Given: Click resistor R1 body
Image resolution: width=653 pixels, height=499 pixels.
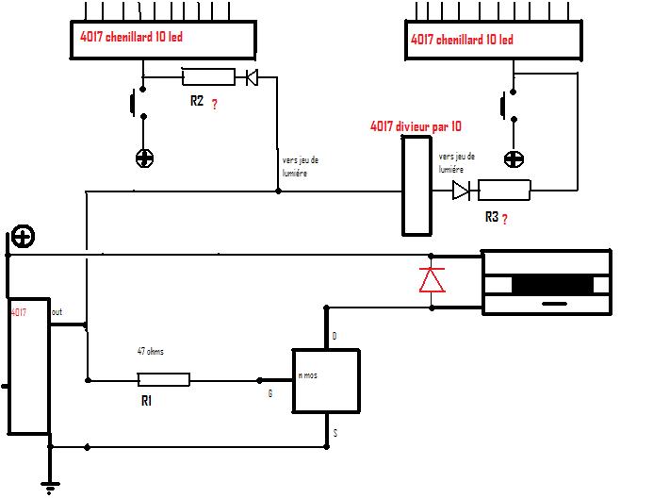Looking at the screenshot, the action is point(163,380).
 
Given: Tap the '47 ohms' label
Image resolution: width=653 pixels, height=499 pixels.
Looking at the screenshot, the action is point(152,351).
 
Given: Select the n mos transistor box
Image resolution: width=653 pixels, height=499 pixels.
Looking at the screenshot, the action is point(326,380).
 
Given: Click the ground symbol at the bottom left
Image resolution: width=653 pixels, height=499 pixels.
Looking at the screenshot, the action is point(50,486).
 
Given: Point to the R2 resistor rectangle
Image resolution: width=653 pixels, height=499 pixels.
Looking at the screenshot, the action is point(207,77).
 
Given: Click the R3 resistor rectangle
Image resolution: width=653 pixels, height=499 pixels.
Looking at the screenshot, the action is point(504,191).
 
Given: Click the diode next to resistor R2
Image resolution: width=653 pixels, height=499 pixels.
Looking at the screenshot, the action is point(252,77).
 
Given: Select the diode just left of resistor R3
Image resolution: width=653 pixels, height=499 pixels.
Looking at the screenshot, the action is point(461,191).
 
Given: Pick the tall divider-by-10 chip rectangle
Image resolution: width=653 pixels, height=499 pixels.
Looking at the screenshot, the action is point(416,185).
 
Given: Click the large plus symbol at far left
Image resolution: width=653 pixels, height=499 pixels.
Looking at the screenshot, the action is point(22,237).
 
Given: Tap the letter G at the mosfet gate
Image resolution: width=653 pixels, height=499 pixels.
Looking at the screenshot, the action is point(270,393).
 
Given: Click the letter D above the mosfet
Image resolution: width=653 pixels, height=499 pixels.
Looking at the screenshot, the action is point(335,336).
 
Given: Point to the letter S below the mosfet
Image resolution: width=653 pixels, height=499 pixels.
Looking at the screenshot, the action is point(335,432).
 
